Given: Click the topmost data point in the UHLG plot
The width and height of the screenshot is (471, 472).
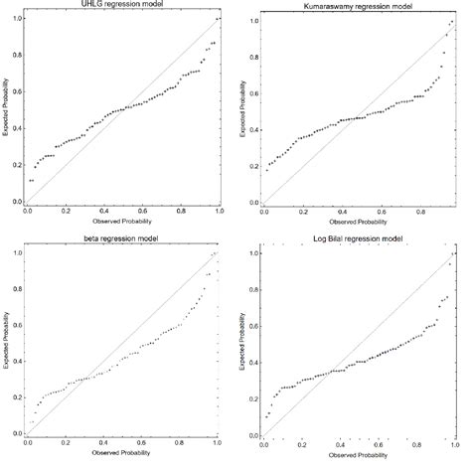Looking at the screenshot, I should (x=218, y=19).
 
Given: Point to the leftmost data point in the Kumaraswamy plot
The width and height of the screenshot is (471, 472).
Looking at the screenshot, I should (x=265, y=170).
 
